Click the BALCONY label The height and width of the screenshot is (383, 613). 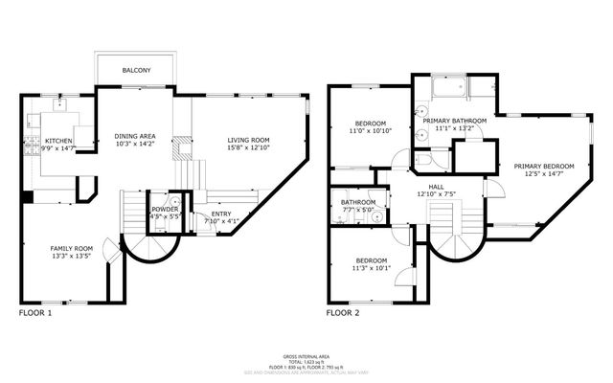pos(135,71)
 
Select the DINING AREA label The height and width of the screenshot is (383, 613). pos(134,136)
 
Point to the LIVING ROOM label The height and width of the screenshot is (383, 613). pos(248,141)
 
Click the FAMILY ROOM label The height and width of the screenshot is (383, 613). pos(71,248)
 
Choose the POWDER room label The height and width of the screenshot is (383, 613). pos(163,210)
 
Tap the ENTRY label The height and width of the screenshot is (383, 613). pos(220,214)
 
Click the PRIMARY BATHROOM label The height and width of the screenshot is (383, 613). pos(455,121)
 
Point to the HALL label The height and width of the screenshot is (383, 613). pos(436,187)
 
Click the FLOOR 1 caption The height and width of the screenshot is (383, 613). pos(36,312)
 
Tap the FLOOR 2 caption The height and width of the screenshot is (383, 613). pos(343,312)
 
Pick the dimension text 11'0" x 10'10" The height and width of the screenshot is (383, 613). pos(371,131)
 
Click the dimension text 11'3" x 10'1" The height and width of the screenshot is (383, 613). pos(372,268)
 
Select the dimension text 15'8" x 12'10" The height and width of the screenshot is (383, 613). pos(248,148)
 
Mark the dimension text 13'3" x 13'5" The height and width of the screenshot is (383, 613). pos(71,256)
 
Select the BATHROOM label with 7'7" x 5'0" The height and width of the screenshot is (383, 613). pos(357,203)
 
